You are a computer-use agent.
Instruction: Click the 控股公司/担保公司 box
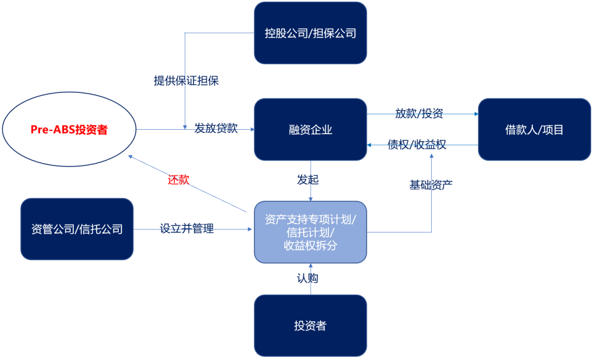(x=310, y=33)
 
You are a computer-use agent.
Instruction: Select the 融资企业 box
(x=310, y=130)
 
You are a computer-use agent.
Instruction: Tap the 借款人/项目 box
(x=534, y=130)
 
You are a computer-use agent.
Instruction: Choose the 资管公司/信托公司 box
(x=77, y=229)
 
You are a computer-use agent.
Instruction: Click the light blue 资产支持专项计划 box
(x=310, y=232)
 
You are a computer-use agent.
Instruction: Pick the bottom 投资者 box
(x=310, y=325)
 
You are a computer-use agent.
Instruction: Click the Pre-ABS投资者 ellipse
(x=69, y=130)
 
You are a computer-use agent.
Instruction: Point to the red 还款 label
(x=178, y=180)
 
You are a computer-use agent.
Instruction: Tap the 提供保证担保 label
(x=186, y=81)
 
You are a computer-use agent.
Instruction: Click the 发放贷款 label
(x=216, y=128)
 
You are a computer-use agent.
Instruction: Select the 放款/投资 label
(x=419, y=114)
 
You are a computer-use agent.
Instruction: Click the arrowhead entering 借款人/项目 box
(x=476, y=114)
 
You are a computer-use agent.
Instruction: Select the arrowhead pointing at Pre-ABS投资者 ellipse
(x=130, y=157)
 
